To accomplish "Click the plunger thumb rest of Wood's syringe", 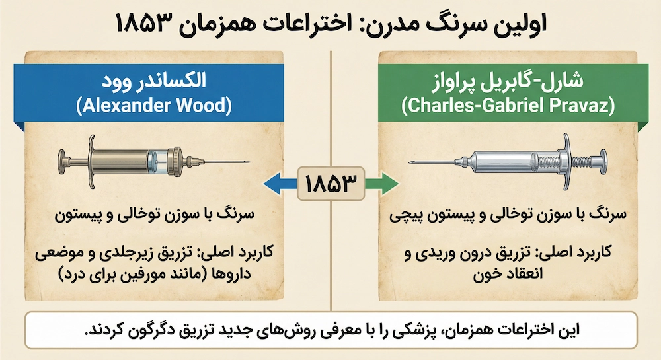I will pyautogui.click(x=61, y=159).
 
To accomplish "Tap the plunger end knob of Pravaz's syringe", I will pyautogui.click(x=601, y=159).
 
